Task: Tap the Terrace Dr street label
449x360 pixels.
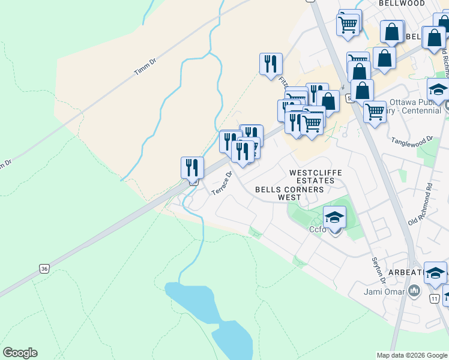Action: tap(221, 184)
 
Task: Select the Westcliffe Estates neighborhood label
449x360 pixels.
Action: tap(316, 176)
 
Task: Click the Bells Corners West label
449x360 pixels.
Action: tap(289, 193)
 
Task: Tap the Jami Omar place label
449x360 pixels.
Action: tap(383, 293)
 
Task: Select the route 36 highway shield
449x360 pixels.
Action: tap(44, 269)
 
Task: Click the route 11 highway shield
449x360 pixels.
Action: tap(435, 298)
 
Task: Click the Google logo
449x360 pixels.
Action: tap(20, 353)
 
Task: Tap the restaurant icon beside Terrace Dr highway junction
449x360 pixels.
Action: tap(193, 167)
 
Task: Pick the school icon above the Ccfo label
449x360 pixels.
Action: tap(334, 217)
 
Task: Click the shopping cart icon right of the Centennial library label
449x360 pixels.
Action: tap(375, 111)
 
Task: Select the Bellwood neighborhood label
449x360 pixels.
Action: tap(402, 4)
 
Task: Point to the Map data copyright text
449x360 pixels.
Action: tap(412, 355)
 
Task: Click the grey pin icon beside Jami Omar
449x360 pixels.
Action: tap(414, 292)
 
